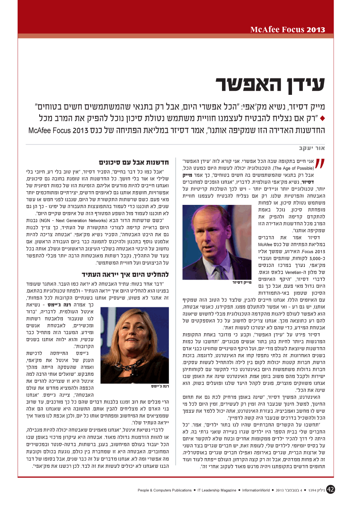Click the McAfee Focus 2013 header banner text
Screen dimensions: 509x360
point(288,30)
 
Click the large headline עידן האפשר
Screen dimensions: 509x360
point(270,84)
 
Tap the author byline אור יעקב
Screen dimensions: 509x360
point(316,147)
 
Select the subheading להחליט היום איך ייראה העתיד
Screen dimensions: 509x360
point(125,274)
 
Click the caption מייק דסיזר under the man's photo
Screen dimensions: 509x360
point(242,283)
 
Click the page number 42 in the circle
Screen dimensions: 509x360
point(330,489)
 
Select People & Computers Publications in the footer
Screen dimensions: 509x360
point(165,490)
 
